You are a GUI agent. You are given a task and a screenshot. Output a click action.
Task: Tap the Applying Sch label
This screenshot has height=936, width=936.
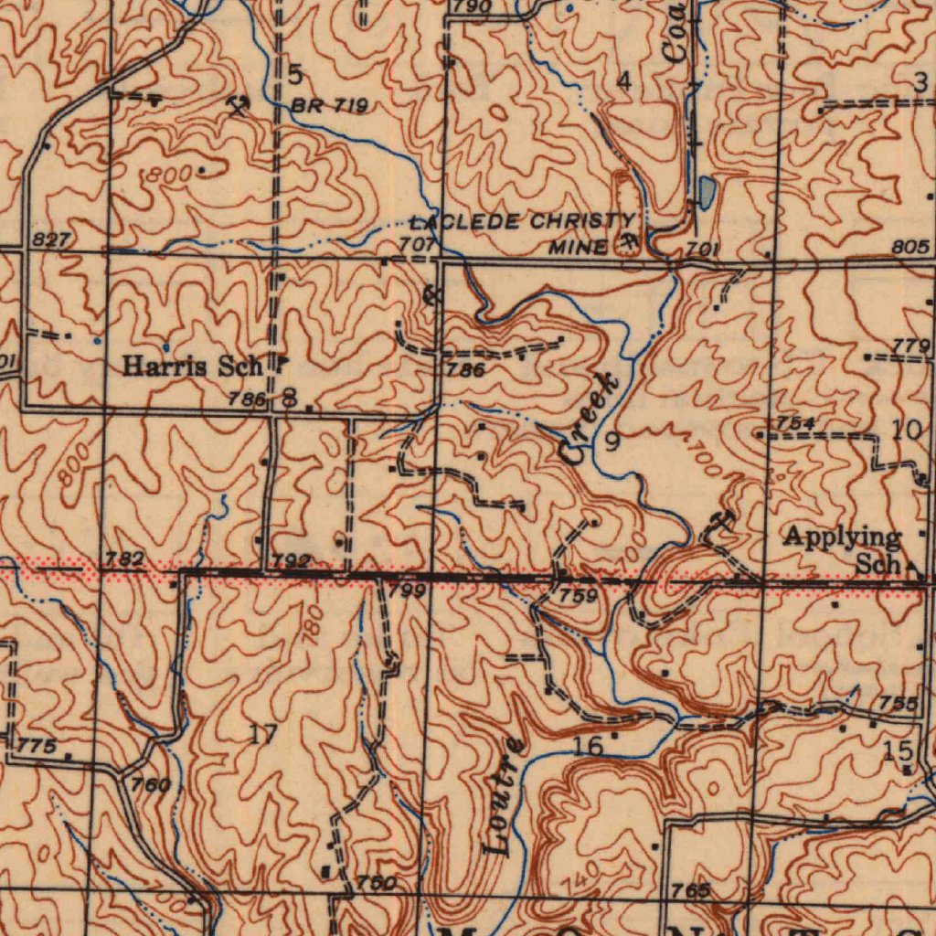843,549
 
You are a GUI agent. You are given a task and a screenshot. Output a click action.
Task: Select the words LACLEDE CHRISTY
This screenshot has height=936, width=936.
520,222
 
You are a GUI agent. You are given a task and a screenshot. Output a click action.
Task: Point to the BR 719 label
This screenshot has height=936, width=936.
329,107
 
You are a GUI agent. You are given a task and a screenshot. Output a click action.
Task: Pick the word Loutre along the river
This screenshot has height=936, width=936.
504,795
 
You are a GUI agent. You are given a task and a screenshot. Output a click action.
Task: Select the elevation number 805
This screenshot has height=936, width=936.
912,247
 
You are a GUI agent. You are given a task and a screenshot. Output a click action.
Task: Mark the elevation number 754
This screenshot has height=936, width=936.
795,422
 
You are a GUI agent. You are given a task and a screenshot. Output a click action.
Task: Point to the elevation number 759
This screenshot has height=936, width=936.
580,597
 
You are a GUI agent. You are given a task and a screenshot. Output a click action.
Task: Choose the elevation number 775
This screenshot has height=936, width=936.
37,747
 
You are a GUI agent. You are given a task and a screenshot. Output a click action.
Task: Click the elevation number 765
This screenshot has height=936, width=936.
690,890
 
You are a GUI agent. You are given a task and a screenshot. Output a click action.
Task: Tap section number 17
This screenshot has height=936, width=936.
263,732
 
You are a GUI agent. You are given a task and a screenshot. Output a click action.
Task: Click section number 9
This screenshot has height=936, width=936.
612,443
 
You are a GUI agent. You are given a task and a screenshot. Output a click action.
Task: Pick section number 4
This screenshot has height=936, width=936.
623,82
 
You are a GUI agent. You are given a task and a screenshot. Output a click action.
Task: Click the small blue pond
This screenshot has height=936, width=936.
707,191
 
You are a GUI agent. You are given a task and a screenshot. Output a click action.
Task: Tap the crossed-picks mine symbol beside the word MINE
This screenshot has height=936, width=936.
629,243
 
